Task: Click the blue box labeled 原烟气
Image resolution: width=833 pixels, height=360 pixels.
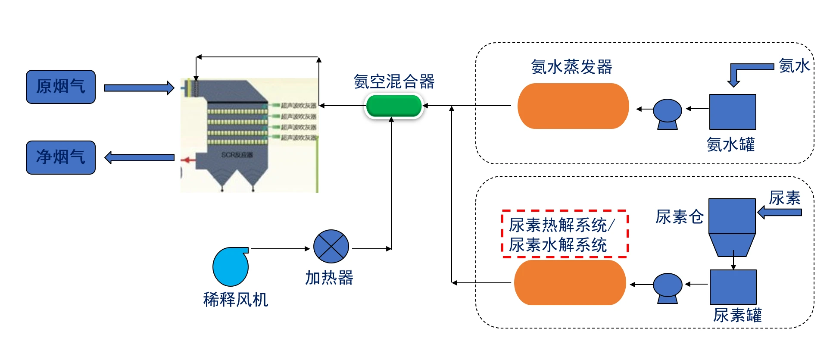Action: coord(61,87)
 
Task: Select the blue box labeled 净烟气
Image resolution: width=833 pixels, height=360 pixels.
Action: coord(61,157)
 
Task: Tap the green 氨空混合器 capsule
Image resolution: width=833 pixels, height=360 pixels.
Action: coord(393,106)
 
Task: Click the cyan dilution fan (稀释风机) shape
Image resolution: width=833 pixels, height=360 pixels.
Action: coord(230,266)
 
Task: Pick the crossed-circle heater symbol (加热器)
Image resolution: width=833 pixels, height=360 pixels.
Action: coord(331,247)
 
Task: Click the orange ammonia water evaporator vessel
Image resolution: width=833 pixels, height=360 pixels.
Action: coord(573,106)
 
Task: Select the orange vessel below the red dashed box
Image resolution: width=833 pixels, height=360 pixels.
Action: coord(570,283)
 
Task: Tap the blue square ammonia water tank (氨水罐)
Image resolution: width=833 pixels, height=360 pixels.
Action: coord(732,112)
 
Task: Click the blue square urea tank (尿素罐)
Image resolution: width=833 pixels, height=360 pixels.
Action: coord(733,287)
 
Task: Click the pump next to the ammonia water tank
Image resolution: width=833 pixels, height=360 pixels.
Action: coord(667,113)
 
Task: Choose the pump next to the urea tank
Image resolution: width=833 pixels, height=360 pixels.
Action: coord(667,288)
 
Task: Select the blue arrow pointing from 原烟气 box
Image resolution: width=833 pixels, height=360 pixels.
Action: coord(139,88)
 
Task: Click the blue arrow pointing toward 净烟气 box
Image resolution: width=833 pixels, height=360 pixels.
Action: coord(139,158)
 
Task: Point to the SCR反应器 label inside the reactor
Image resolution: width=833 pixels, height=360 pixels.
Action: coord(237,155)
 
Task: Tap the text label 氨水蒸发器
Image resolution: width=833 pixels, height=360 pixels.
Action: coord(571,67)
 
